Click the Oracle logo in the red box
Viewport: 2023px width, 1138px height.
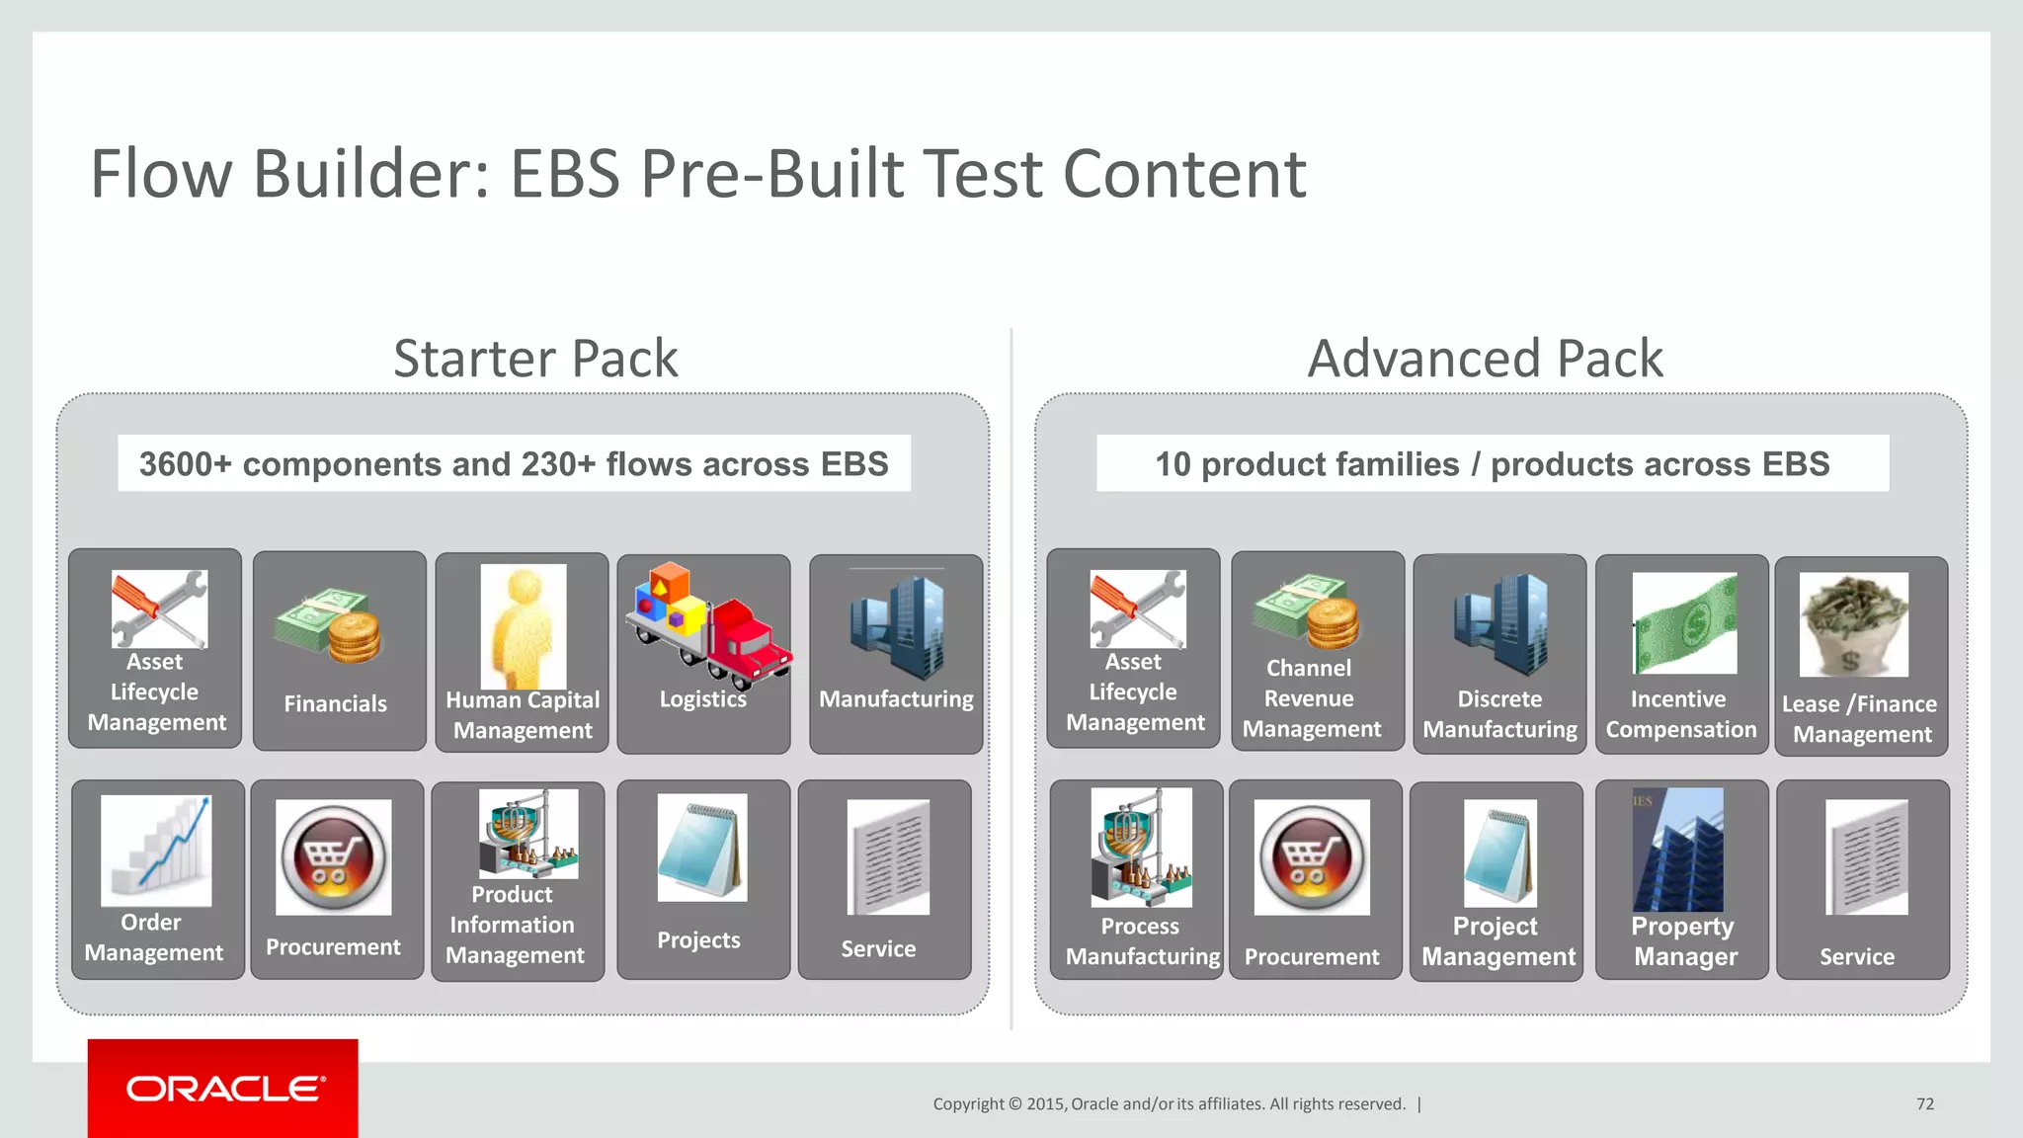(x=224, y=1089)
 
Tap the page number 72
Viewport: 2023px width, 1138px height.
(x=1924, y=1103)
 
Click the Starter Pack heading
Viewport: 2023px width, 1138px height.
(x=535, y=358)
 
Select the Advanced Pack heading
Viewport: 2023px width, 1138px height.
(x=1485, y=358)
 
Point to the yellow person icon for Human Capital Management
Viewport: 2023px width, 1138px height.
(x=524, y=626)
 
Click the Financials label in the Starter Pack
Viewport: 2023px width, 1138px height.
(x=336, y=703)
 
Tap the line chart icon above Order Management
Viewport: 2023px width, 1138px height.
(x=156, y=850)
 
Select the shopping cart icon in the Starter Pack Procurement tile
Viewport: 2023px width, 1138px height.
(x=333, y=856)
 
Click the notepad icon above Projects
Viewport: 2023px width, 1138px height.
(x=702, y=848)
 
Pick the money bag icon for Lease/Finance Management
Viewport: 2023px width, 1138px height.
(x=1853, y=624)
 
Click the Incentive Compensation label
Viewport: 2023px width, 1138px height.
(x=1680, y=714)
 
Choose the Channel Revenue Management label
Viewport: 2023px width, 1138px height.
(x=1311, y=698)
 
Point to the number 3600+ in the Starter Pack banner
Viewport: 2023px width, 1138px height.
(x=185, y=463)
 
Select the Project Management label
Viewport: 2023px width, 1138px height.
(x=1497, y=941)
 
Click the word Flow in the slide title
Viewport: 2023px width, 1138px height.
(x=161, y=174)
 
